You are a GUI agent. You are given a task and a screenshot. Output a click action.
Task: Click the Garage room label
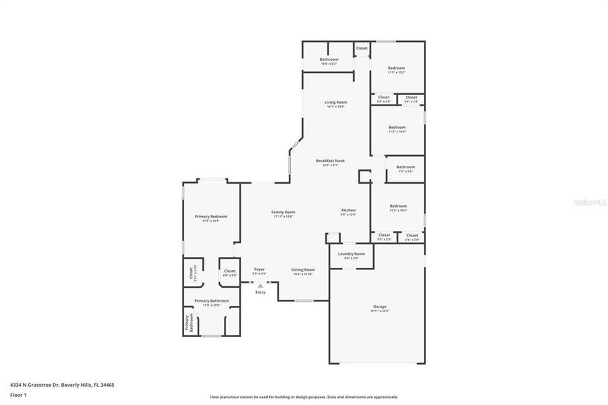point(380,307)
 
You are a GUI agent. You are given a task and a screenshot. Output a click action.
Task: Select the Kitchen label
point(348,211)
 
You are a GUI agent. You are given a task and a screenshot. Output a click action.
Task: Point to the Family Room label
point(283,212)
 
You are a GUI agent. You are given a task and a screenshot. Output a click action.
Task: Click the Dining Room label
point(303,269)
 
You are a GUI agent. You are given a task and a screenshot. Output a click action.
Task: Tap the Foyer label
point(260,269)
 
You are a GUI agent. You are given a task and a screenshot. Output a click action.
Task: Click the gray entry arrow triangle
point(260,286)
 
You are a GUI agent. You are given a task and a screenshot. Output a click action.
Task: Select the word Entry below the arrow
point(260,292)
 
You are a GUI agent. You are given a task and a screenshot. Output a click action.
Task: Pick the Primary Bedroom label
point(211,217)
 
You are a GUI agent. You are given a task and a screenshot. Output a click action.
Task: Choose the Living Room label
point(335,102)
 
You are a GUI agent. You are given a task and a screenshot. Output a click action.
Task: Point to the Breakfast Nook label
point(330,161)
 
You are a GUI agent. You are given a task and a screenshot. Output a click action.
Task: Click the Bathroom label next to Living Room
point(329,59)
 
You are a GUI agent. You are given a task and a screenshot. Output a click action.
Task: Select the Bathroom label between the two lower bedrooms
point(406,167)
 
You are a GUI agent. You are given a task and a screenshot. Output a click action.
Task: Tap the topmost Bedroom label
point(396,67)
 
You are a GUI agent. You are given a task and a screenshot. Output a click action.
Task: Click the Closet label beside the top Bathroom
point(362,48)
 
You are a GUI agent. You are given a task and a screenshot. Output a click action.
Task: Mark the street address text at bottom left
point(61,384)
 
